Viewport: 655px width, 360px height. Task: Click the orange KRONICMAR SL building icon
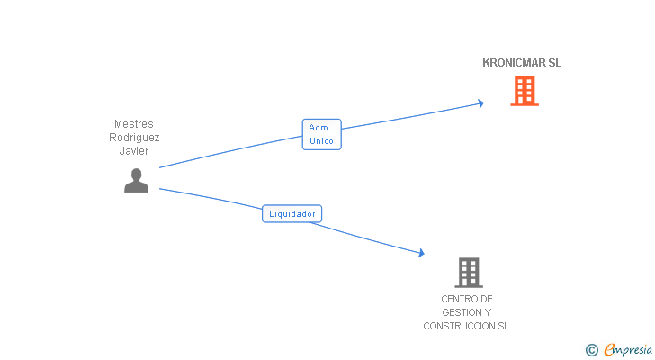(x=524, y=91)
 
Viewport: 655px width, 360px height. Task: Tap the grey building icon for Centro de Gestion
(x=468, y=272)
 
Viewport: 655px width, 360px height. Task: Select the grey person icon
(x=136, y=180)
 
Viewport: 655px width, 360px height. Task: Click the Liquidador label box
(x=292, y=214)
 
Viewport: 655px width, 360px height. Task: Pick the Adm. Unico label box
(x=320, y=134)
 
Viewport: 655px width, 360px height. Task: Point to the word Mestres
(x=134, y=124)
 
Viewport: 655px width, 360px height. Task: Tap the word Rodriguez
(x=134, y=138)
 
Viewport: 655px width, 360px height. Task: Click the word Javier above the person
(x=134, y=151)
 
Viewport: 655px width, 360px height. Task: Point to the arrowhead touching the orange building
(x=480, y=103)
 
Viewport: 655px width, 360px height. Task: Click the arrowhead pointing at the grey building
(x=420, y=254)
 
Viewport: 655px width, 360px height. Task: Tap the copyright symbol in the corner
(x=591, y=350)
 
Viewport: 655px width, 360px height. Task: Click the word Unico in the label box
(x=320, y=141)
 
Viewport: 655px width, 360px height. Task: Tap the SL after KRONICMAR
(x=554, y=63)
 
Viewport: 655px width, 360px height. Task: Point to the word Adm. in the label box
(x=320, y=128)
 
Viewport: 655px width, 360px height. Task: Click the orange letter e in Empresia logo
(x=609, y=350)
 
